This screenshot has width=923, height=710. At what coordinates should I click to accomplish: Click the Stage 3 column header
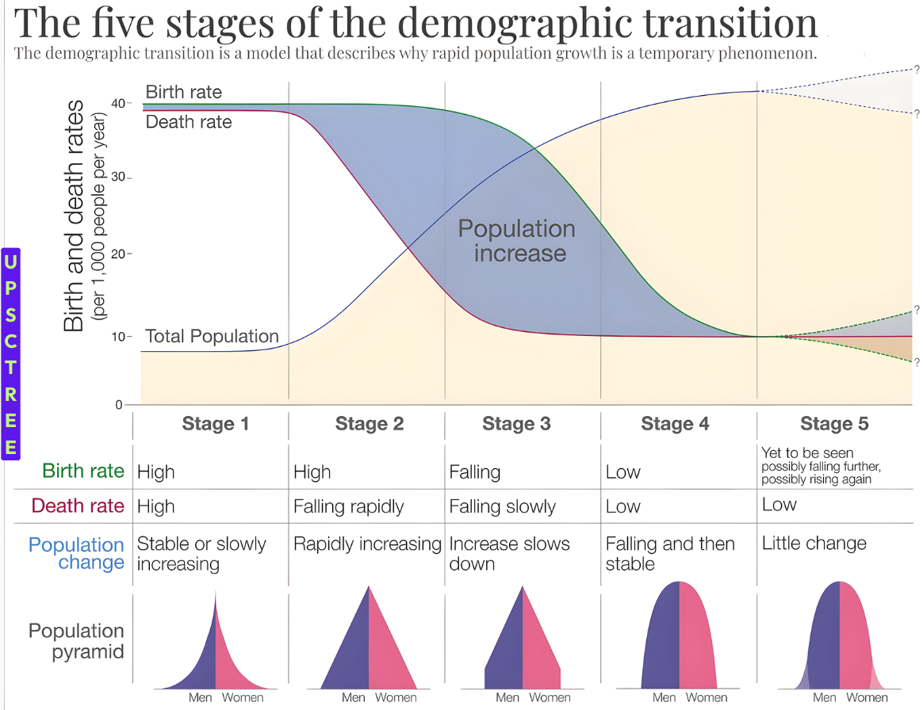click(516, 424)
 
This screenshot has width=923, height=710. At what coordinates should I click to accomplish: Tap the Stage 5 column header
click(834, 424)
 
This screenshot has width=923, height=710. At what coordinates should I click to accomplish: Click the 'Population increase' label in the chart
click(516, 241)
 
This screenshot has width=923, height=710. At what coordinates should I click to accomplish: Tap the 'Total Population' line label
click(212, 336)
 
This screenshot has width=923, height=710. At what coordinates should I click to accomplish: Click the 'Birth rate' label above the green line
click(183, 92)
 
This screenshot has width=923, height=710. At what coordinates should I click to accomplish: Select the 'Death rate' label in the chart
click(189, 122)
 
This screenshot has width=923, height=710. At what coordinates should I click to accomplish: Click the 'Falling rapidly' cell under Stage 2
click(348, 506)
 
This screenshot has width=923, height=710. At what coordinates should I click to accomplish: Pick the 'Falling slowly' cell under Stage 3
click(502, 506)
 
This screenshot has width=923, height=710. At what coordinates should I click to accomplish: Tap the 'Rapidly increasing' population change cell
click(367, 544)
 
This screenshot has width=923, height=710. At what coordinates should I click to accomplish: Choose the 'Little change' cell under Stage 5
click(814, 544)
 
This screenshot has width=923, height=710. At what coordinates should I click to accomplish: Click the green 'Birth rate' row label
click(83, 471)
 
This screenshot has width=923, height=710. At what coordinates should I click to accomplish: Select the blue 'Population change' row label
click(77, 554)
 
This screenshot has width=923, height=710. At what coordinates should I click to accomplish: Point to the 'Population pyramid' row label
click(77, 641)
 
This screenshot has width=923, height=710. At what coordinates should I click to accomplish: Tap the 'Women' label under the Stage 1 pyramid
click(242, 698)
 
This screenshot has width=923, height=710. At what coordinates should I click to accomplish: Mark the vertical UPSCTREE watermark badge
click(10, 353)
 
